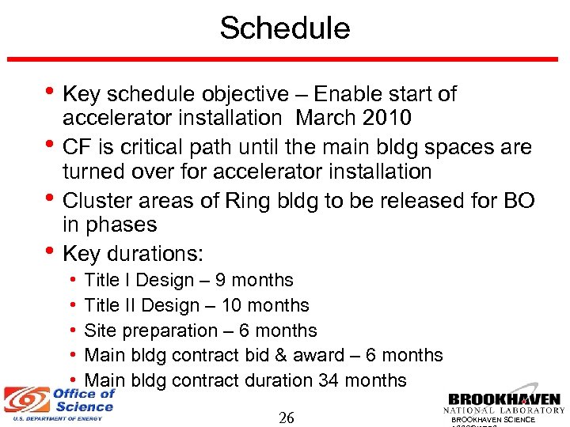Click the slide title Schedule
[284, 28]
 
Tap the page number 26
[287, 417]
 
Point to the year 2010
[385, 119]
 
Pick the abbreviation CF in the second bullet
[78, 147]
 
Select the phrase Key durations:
[133, 254]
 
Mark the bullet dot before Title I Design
[72, 281]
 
